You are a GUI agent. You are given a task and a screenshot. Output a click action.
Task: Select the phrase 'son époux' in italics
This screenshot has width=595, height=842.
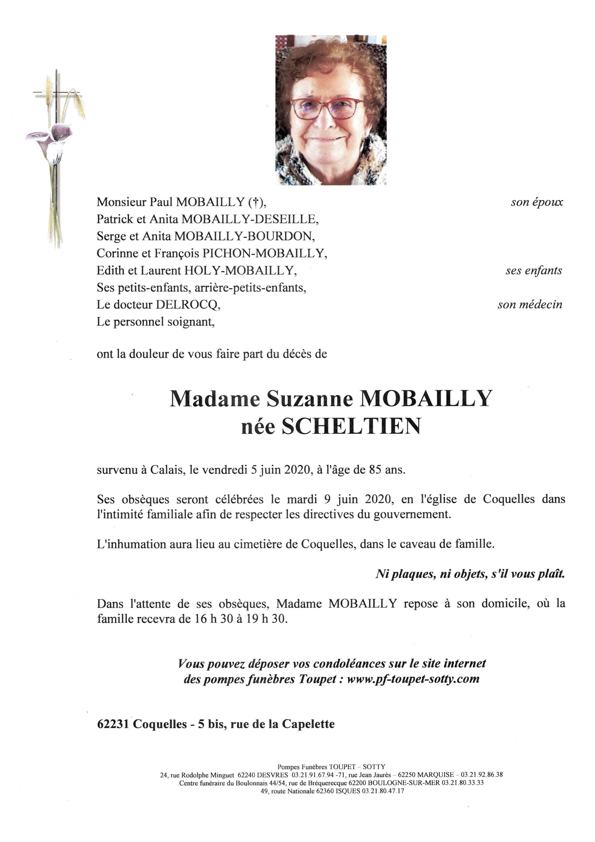pos(537,202)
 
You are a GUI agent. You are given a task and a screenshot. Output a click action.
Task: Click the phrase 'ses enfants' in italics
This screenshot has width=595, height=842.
pos(534,271)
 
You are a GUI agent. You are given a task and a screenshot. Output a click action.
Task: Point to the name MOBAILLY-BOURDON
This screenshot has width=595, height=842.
pos(245,236)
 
